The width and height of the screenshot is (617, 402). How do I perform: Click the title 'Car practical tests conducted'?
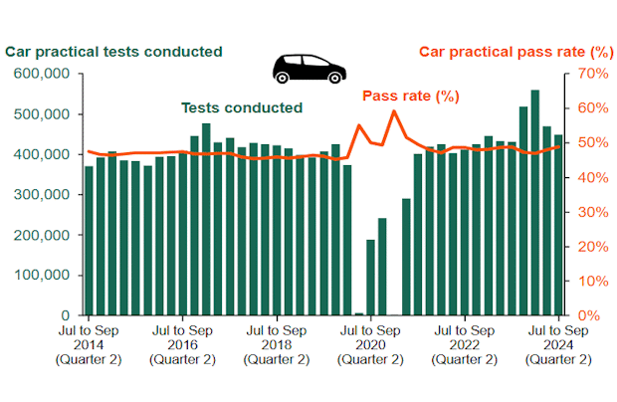(113, 52)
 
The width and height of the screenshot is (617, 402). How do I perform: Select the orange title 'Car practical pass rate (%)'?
(514, 52)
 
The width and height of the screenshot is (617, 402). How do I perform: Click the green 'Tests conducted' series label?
(241, 107)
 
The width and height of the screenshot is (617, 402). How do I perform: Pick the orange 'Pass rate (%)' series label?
(410, 96)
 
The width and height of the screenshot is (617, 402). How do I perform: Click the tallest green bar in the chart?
(535, 202)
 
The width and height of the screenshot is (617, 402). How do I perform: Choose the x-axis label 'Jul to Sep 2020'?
(370, 344)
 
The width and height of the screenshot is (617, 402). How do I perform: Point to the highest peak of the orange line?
(393, 110)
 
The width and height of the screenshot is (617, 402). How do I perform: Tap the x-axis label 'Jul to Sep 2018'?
(276, 344)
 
